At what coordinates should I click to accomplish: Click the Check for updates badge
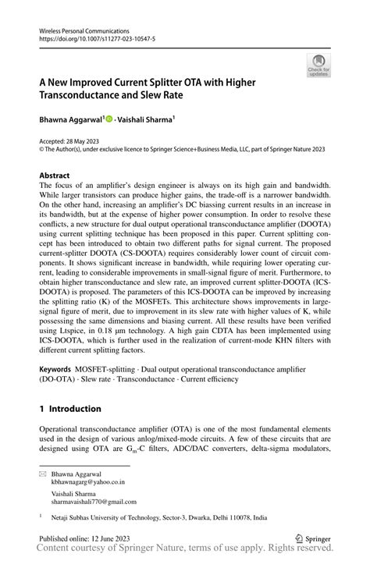point(318,65)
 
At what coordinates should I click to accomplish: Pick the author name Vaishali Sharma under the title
point(148,121)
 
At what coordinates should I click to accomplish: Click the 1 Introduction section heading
point(70,408)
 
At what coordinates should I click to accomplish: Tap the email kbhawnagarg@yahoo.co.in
point(87,482)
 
